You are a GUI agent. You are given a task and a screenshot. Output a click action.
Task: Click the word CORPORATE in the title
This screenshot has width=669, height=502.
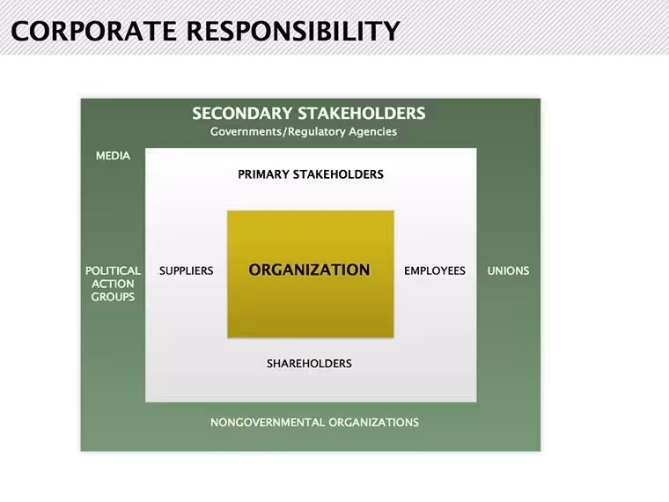click(93, 31)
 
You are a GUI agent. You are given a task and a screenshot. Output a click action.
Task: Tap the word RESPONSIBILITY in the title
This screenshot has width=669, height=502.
click(293, 31)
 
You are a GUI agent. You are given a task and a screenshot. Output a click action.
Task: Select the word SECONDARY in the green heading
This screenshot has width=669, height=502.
click(242, 113)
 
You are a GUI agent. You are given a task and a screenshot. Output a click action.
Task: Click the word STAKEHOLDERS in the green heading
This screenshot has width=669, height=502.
click(362, 113)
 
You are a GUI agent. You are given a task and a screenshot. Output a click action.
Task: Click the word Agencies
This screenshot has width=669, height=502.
click(372, 132)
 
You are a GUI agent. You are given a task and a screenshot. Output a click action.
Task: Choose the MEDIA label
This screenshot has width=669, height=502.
click(113, 156)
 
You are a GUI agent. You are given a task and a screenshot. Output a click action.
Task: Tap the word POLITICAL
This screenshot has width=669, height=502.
click(113, 270)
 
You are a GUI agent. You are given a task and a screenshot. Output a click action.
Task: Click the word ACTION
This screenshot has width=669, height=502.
click(113, 284)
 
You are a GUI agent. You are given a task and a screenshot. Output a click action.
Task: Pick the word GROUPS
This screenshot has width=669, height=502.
click(113, 297)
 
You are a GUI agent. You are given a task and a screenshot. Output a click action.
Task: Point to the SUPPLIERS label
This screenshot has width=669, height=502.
click(186, 270)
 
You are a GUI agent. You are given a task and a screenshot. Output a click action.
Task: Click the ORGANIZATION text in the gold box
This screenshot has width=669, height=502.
click(309, 269)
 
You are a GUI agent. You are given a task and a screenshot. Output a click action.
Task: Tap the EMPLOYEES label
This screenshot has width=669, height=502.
click(435, 270)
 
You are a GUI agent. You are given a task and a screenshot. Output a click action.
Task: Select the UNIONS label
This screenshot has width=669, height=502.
click(508, 270)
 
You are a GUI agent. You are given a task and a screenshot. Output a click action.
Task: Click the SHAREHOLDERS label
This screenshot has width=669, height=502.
click(309, 363)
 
